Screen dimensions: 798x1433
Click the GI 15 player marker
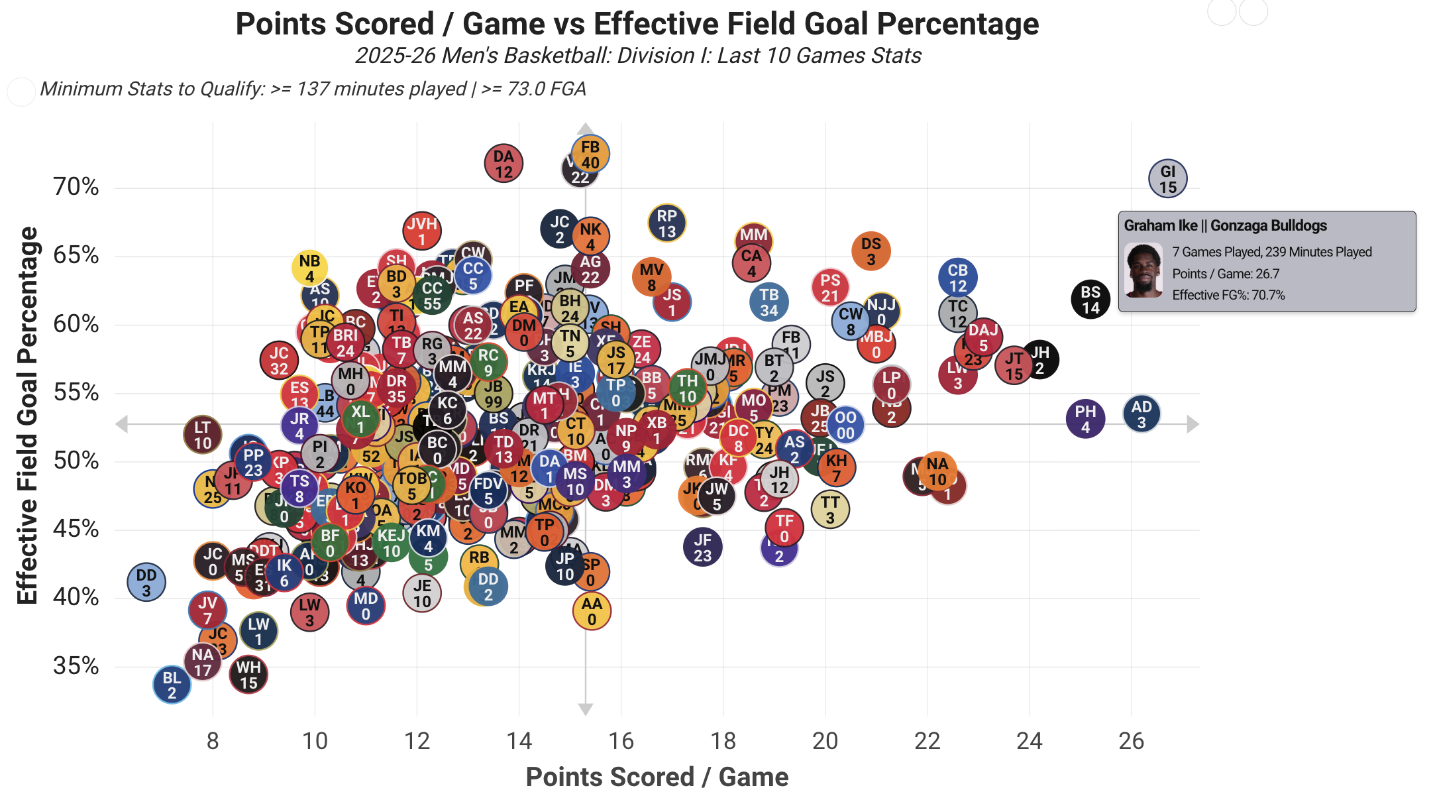[x=1167, y=179]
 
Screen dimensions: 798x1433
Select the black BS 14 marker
[x=1090, y=300]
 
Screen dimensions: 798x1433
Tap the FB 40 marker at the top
[x=590, y=154]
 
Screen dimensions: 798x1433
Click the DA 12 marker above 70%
[x=504, y=164]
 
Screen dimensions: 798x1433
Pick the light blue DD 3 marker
[x=146, y=583]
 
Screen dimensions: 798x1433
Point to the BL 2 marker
[x=172, y=685]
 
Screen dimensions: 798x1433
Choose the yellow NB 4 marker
[x=309, y=268]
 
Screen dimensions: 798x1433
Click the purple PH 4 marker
[x=1085, y=419]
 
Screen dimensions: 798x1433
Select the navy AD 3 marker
[x=1141, y=414]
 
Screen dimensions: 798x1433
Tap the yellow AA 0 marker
[x=592, y=611]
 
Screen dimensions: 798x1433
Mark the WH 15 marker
[x=248, y=675]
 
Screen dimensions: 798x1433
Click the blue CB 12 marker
[x=958, y=278]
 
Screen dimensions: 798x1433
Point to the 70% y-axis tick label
[x=76, y=187]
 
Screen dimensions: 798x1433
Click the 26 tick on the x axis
[x=1131, y=740]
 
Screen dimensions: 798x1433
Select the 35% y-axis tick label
[x=76, y=666]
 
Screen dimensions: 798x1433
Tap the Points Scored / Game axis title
[x=657, y=777]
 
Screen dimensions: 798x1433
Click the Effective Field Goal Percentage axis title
[x=27, y=416]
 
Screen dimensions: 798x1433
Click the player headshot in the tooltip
[x=1143, y=270]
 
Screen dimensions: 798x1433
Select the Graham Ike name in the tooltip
[x=1160, y=226]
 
